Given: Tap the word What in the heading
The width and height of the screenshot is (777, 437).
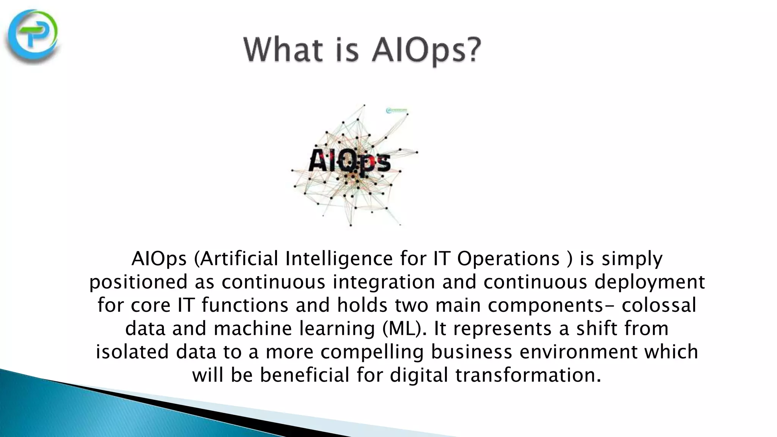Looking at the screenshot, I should (285, 50).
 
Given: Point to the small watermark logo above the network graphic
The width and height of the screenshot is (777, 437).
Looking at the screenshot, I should (396, 111).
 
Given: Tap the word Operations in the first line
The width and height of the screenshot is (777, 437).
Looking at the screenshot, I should (508, 259).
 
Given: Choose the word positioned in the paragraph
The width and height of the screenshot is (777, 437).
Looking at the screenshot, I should (138, 282).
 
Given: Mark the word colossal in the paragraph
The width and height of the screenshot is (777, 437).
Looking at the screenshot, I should (659, 305).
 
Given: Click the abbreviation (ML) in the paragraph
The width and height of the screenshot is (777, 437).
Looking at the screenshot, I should (402, 329).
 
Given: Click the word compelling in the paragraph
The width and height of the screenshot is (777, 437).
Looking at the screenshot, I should (372, 352).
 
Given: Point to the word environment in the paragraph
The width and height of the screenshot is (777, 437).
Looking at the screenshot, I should (578, 352).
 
